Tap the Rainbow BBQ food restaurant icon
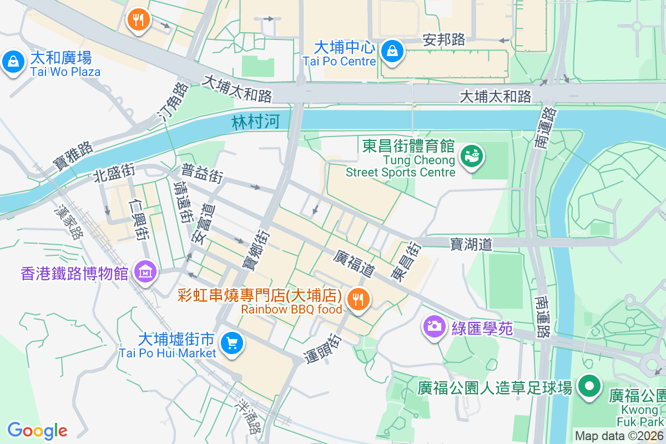click(358, 300)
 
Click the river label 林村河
click(255, 123)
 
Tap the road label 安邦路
click(443, 39)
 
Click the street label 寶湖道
click(471, 244)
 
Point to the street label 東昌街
click(405, 261)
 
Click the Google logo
click(37, 430)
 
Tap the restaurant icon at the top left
click(138, 20)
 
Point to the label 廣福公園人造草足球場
click(495, 388)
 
